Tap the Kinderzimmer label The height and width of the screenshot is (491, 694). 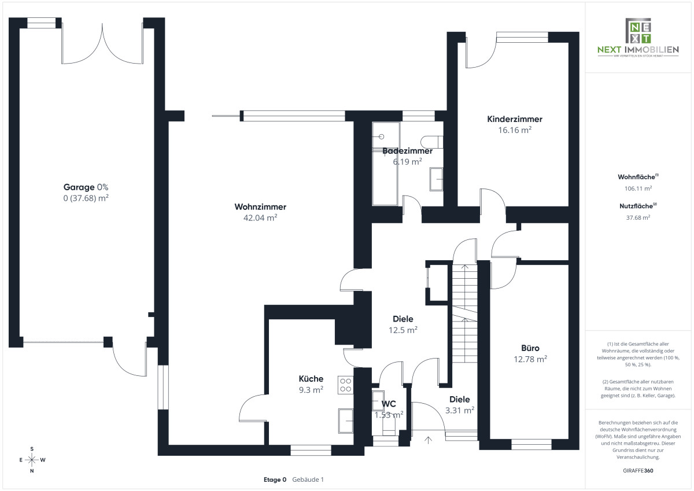515,120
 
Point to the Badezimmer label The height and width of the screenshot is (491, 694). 407,151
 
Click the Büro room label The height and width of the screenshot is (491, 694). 530,348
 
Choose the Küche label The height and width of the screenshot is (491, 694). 311,379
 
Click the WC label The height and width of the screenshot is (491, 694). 388,404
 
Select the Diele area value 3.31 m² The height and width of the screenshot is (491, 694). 460,410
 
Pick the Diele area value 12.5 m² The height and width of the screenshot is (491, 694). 403,330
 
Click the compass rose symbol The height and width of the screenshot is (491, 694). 32,460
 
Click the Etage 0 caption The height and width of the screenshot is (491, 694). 275,479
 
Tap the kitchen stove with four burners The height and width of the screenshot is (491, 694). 346,385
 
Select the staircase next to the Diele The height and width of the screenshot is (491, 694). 464,312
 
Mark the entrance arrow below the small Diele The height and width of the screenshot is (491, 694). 428,440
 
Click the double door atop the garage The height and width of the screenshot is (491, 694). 102,43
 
